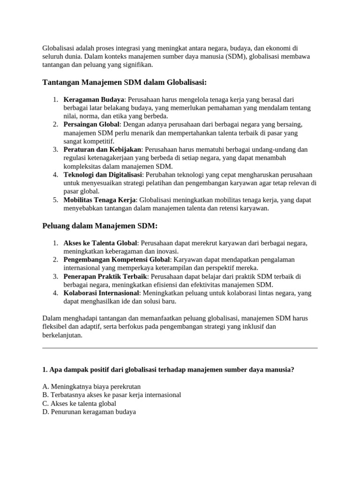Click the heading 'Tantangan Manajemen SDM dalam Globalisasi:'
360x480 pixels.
tap(124, 82)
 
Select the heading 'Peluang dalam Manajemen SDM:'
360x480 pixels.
tap(100, 226)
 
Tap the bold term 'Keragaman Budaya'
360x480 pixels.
tap(94, 100)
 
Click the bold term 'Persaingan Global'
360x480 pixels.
tap(92, 124)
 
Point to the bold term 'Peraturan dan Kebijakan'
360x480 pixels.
tap(102, 150)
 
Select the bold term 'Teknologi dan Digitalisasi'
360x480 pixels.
tap(103, 174)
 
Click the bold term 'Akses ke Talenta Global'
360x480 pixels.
tap(100, 243)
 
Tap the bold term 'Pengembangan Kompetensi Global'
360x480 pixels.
tap(117, 260)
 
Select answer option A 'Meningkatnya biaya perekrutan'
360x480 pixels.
tap(91, 387)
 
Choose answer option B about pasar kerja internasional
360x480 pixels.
tap(112, 395)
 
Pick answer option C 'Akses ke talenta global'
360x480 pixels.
tap(79, 404)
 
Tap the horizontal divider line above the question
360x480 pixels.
tap(180, 348)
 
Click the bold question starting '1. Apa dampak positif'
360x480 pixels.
tap(168, 370)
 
